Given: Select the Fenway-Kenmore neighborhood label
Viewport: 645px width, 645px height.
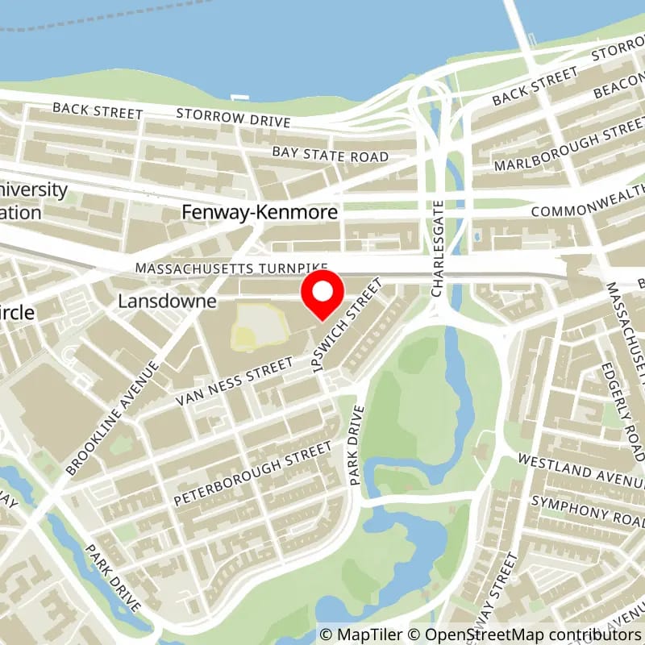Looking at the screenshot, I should point(260,212).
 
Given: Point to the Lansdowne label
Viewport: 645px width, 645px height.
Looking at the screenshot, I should point(167,302).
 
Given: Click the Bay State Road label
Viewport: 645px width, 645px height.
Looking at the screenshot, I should point(330,156).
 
